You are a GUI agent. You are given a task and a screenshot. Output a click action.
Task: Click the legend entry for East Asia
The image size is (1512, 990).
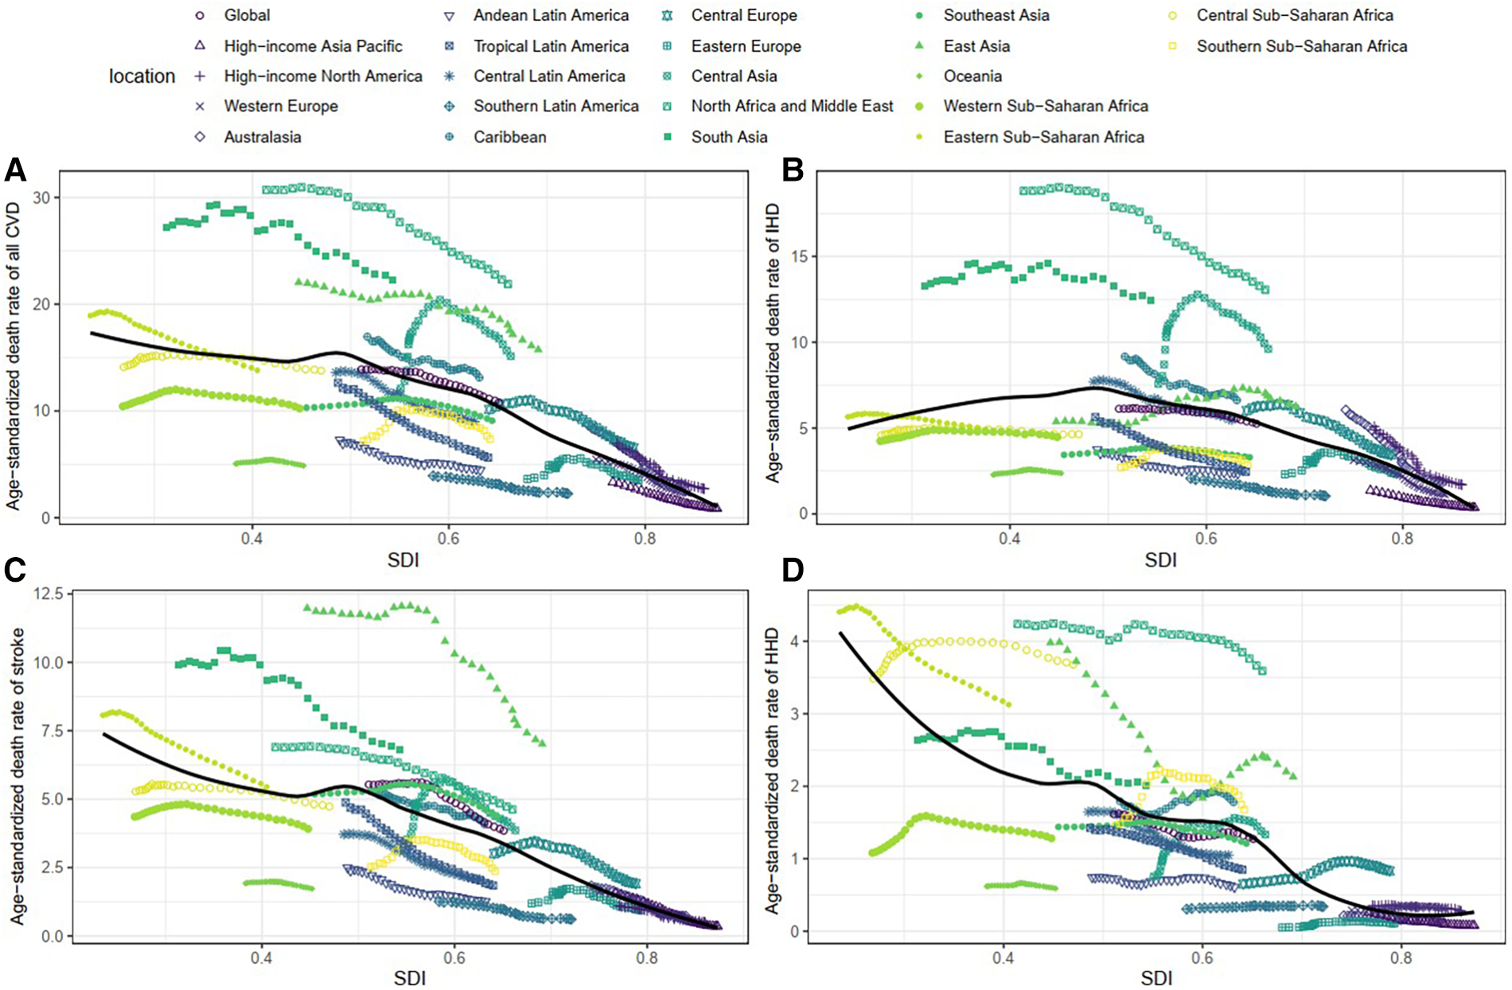976,46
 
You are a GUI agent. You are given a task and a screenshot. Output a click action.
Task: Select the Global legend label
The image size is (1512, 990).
247,15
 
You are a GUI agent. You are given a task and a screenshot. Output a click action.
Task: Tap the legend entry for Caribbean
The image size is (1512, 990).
509,137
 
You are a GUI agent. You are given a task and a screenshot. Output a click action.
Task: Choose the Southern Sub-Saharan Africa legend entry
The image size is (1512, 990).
1301,46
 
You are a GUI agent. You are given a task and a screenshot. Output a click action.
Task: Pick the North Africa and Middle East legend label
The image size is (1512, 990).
792,106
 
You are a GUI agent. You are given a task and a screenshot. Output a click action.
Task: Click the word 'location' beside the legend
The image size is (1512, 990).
142,76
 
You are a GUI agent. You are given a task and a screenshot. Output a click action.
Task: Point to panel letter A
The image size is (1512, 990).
15,170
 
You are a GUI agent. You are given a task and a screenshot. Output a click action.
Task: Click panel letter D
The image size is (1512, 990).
793,571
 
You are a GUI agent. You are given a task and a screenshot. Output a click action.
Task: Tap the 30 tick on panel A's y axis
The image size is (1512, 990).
42,197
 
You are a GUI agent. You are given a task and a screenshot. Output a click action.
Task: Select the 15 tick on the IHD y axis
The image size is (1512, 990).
801,256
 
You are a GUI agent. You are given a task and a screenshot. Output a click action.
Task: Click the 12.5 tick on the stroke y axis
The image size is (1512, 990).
49,594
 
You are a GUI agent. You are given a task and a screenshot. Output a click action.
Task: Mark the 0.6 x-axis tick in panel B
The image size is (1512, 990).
1206,538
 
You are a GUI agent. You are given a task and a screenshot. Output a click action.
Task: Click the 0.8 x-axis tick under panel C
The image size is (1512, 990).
646,958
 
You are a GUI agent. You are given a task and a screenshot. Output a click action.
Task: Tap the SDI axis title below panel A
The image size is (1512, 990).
403,560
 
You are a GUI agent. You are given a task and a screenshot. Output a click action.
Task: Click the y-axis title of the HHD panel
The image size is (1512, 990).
771,770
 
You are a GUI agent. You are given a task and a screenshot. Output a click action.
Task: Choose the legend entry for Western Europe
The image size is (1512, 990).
280,106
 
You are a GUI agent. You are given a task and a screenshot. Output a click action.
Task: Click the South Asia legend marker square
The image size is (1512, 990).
668,137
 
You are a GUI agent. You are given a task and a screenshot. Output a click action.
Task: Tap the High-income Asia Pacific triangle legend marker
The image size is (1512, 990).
200,46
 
